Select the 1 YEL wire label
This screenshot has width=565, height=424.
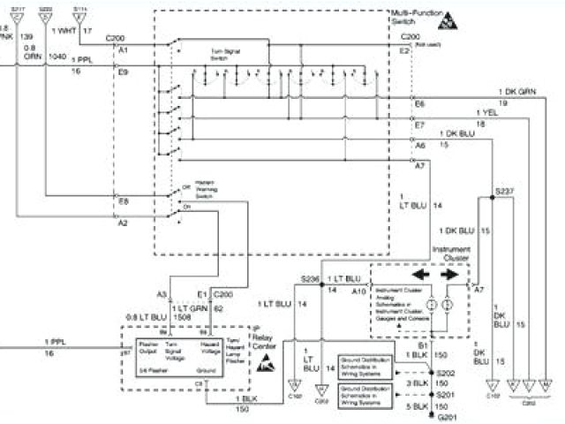(491, 114)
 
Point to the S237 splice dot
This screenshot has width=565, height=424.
(492, 196)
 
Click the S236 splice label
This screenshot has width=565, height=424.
(310, 278)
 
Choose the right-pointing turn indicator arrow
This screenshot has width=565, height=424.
(451, 275)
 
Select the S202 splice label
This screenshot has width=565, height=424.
(445, 375)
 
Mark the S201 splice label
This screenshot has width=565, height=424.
(445, 394)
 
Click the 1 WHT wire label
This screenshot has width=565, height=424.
(64, 32)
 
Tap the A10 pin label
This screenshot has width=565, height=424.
(358, 289)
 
